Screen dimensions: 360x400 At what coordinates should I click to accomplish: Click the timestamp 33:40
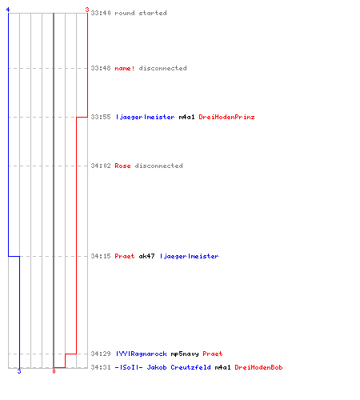pos(101,13)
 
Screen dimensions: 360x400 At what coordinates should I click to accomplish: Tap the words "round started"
pos(141,13)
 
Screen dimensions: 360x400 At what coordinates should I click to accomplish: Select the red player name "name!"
pos(125,68)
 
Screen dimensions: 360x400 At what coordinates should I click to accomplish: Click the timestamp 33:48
pos(101,68)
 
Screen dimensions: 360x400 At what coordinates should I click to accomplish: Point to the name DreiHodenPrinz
pos(226,117)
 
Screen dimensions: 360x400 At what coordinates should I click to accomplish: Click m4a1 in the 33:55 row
pos(186,117)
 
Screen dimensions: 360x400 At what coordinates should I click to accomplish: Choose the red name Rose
pos(122,166)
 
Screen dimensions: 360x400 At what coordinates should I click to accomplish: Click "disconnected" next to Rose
pos(158,166)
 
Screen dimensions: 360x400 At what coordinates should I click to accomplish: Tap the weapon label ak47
pos(146,256)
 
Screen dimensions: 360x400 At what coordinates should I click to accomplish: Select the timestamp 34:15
pos(101,256)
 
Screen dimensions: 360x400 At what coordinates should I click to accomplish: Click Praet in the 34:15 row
pos(125,256)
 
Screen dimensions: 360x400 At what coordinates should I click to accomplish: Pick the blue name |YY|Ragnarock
pos(142,354)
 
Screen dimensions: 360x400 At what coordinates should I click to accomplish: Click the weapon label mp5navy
pos(185,354)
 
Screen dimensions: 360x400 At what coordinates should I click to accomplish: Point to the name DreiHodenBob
pos(258,367)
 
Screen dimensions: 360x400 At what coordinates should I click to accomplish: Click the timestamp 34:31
pos(101,367)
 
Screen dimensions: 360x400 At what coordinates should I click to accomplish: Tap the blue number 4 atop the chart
pos(8,10)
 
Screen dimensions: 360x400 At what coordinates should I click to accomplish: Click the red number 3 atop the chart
pos(87,10)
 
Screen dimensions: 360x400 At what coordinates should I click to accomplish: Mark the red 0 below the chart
pos(54,371)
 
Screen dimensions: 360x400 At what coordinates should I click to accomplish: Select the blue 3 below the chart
pos(19,371)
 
